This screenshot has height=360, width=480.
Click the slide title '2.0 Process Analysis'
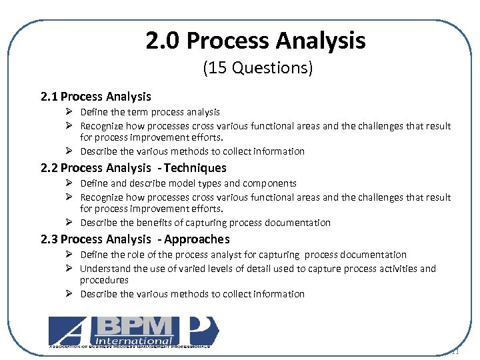pyautogui.click(x=256, y=41)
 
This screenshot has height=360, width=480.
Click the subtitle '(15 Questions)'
pyautogui.click(x=257, y=68)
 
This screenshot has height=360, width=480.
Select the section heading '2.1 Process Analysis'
pyautogui.click(x=96, y=97)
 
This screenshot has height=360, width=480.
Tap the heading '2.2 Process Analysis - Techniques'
pyautogui.click(x=133, y=168)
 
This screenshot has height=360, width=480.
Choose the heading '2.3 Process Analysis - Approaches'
pyautogui.click(x=135, y=239)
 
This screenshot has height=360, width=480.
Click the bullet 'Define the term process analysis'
pyautogui.click(x=150, y=112)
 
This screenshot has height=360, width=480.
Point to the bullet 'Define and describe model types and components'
pyautogui.click(x=188, y=183)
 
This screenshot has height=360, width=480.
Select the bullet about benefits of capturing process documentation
pyautogui.click(x=205, y=223)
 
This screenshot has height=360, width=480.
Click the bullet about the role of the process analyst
pyautogui.click(x=243, y=255)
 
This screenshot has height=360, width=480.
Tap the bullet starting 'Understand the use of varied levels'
pyautogui.click(x=257, y=269)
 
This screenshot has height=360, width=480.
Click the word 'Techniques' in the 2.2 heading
pyautogui.click(x=195, y=168)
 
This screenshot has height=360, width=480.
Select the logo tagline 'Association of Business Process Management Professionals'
pyautogui.click(x=130, y=347)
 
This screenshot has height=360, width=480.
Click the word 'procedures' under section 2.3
pyautogui.click(x=104, y=280)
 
